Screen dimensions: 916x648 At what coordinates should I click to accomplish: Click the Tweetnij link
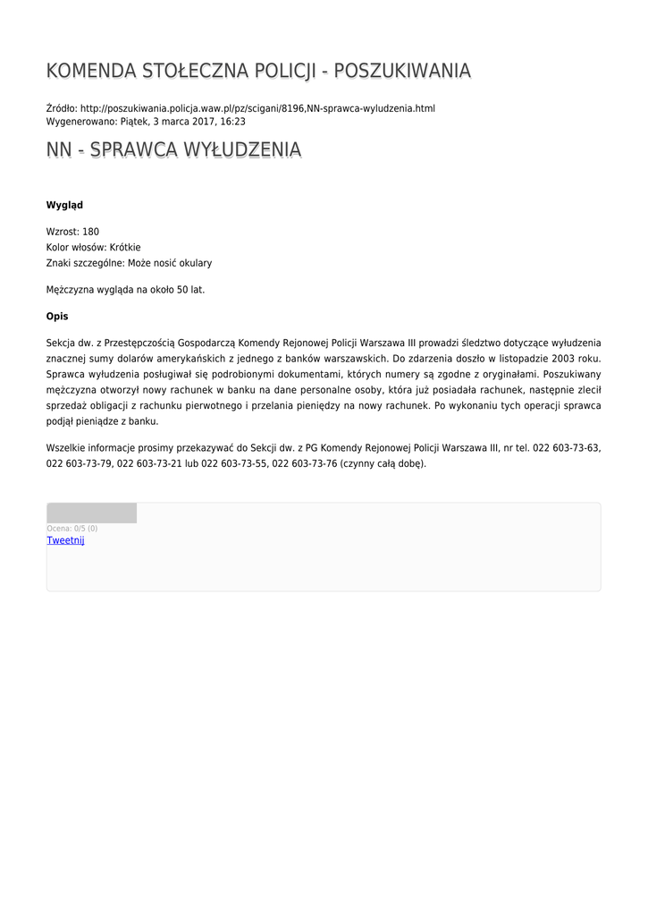click(65, 540)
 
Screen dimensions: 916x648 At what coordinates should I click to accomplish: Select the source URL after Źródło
click(257, 108)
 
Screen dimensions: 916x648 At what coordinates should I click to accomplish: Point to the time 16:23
click(233, 122)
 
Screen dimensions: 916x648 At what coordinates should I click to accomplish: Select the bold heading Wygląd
click(64, 206)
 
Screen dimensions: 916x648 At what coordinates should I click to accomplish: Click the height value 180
click(90, 232)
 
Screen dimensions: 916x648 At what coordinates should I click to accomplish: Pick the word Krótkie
click(125, 248)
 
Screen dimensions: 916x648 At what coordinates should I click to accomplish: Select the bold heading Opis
click(57, 317)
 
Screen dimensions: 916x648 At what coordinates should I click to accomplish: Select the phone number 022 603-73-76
click(304, 463)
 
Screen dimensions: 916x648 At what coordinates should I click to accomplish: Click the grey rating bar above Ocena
click(91, 513)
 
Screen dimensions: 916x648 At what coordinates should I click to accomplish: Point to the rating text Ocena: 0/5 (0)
click(72, 529)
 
